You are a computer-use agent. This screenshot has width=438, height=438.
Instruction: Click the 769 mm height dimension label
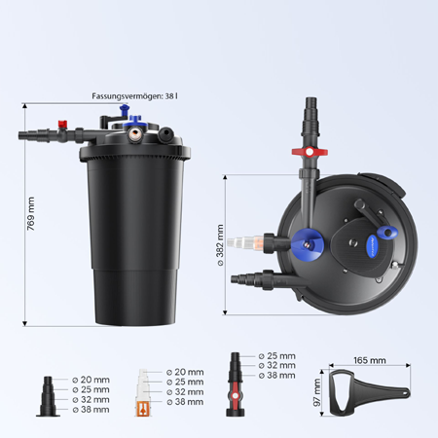click(31, 213)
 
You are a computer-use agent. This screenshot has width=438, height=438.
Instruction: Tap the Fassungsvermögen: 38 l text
click(134, 96)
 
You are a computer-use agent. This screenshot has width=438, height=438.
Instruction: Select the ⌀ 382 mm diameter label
click(220, 245)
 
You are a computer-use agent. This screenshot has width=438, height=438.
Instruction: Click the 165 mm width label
click(370, 360)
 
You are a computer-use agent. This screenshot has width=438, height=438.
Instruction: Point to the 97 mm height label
click(317, 392)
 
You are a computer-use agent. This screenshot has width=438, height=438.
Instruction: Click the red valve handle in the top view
click(310, 152)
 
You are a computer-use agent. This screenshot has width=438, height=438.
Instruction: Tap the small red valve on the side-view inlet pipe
click(62, 124)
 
